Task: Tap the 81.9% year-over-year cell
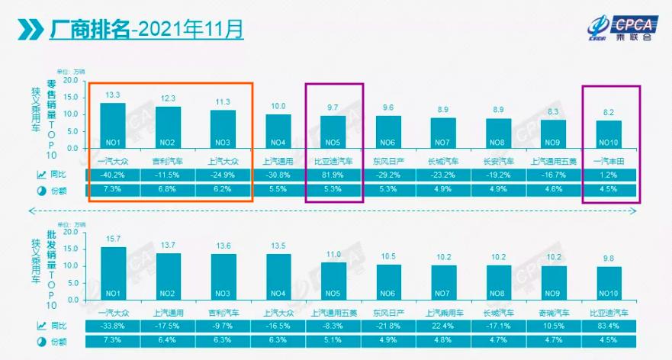pyautogui.click(x=334, y=175)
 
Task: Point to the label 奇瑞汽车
pyautogui.click(x=557, y=312)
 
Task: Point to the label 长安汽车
pyautogui.click(x=500, y=161)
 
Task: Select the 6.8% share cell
pyautogui.click(x=169, y=189)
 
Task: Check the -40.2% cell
pyautogui.click(x=113, y=175)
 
